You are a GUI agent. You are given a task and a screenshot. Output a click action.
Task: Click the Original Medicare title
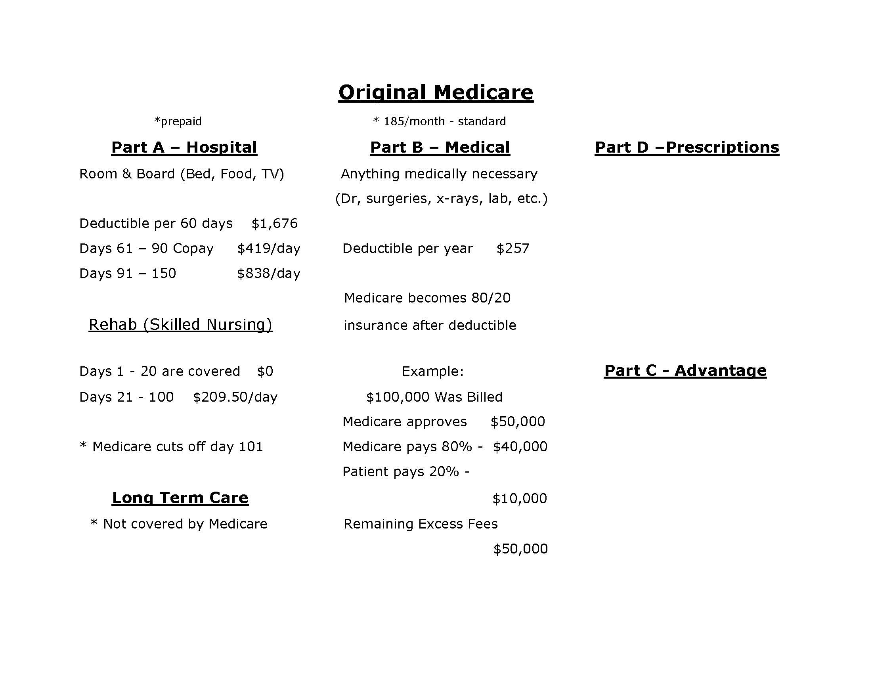(x=436, y=93)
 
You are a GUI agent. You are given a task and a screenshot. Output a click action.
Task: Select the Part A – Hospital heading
(x=184, y=147)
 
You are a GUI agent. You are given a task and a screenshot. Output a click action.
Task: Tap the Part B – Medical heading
(x=440, y=147)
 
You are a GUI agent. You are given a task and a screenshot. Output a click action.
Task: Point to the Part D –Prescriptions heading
(x=687, y=147)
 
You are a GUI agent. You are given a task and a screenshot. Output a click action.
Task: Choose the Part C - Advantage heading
(x=685, y=371)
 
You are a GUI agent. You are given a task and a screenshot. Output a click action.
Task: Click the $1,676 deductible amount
(x=275, y=223)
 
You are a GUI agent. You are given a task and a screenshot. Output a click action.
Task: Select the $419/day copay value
(x=269, y=248)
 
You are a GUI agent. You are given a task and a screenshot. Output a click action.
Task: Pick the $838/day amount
(x=269, y=274)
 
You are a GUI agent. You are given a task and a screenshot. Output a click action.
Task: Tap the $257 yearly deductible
(x=512, y=248)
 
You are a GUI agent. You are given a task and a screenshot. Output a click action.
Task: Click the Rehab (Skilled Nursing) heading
(x=180, y=325)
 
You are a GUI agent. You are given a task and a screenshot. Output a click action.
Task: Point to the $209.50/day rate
(x=235, y=397)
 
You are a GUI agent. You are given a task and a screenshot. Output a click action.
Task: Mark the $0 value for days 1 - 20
(x=265, y=371)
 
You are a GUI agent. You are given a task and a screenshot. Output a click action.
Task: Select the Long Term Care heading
(x=180, y=498)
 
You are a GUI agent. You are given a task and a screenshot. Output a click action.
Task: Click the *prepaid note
(x=178, y=121)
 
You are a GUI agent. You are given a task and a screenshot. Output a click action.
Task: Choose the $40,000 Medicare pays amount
(x=520, y=446)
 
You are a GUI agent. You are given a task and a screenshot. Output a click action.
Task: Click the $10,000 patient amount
(x=520, y=498)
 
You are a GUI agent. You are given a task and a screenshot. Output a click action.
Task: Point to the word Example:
(x=433, y=371)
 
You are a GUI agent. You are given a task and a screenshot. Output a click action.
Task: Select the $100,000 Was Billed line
(x=434, y=397)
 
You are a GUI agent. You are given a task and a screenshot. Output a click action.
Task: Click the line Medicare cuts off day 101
(x=172, y=446)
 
